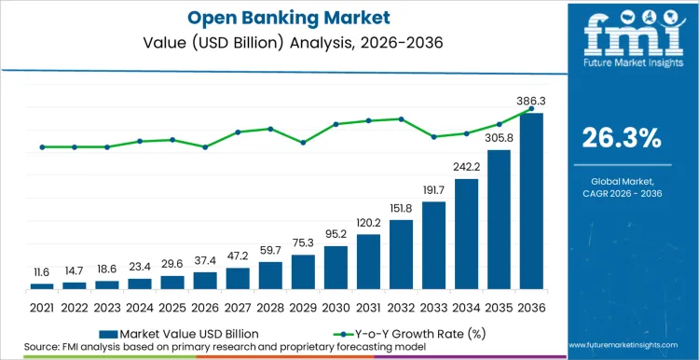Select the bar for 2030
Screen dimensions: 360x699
336,267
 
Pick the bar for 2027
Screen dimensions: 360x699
238,278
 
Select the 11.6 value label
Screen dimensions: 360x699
42,271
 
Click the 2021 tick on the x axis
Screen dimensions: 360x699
42,306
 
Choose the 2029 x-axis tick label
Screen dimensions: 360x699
303,306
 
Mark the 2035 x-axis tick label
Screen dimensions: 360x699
500,306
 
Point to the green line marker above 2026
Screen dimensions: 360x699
205,146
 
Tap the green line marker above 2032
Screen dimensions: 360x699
401,118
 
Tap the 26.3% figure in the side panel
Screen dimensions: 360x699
622,138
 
